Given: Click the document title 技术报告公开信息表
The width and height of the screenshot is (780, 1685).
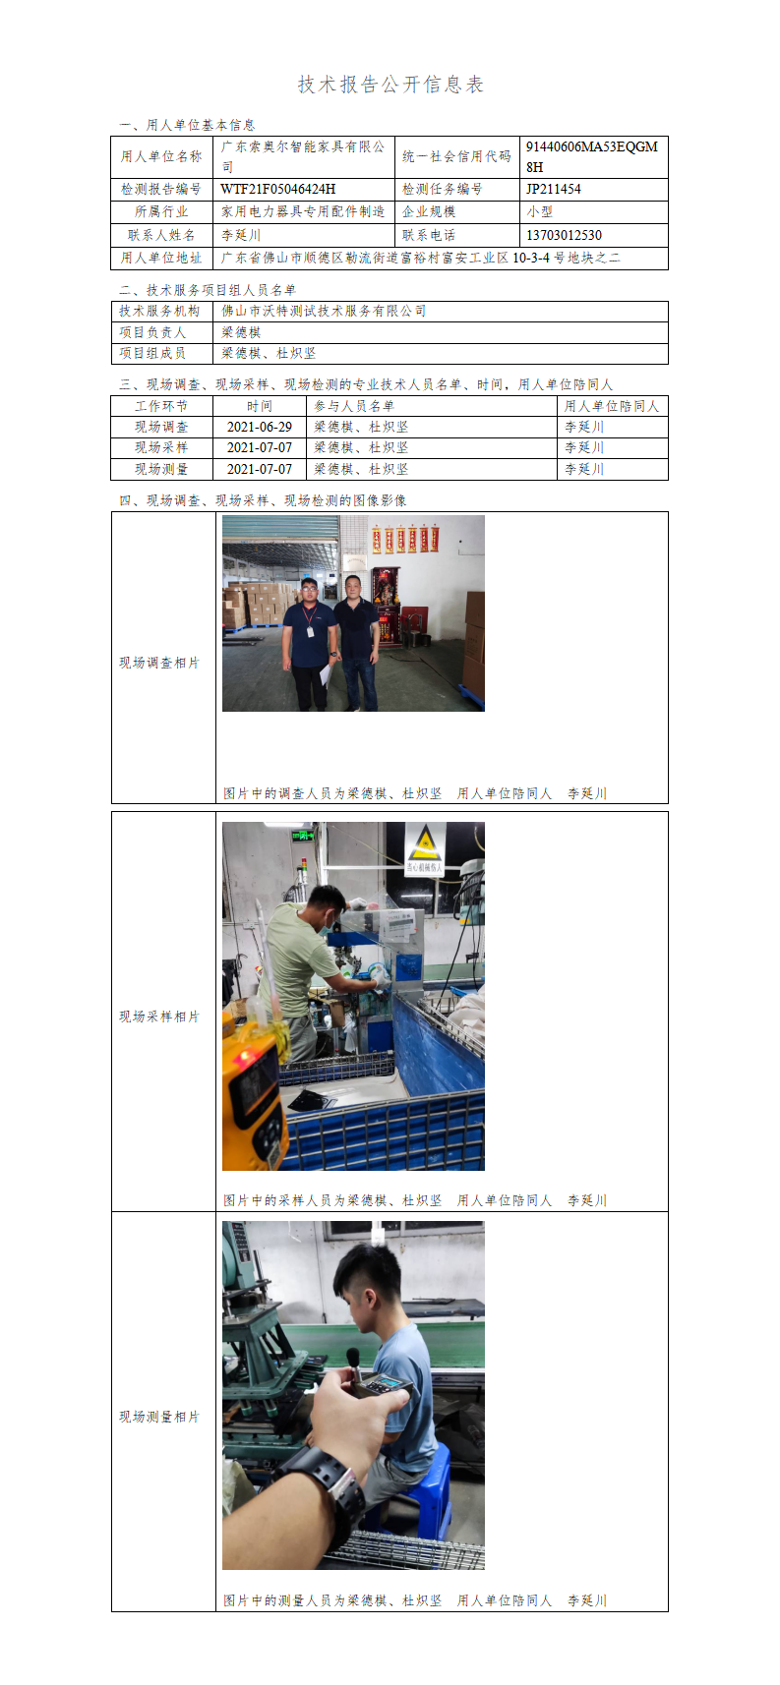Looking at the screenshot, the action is click(390, 85).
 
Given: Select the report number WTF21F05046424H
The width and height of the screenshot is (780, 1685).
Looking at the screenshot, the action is click(277, 189).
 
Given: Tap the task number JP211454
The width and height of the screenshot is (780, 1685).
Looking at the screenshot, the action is click(554, 189).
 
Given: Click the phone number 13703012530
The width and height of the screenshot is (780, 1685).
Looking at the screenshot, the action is click(564, 236).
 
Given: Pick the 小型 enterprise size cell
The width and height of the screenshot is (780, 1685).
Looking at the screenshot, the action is click(539, 211).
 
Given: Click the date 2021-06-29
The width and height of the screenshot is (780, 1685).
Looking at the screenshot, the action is click(260, 427).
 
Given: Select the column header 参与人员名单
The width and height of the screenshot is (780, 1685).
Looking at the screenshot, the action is click(354, 406).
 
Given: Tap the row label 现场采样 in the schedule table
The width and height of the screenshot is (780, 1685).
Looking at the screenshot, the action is click(161, 447).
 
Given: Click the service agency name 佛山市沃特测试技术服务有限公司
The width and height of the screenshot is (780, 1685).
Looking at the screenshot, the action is click(324, 311).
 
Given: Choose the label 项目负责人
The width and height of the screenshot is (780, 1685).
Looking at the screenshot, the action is click(152, 331).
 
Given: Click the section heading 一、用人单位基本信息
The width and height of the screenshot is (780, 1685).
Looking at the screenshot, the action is click(187, 125).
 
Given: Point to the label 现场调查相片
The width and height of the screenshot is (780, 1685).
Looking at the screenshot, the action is click(159, 663).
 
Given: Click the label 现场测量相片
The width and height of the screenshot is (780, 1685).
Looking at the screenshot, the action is click(159, 1417).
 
